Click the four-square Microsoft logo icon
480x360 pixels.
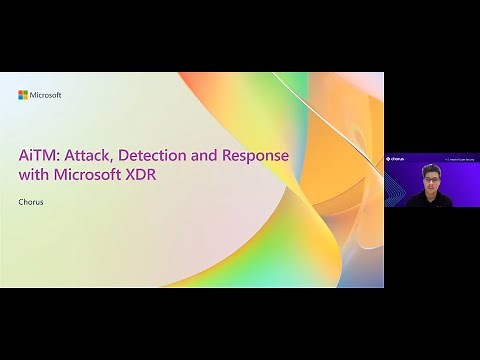[23, 95]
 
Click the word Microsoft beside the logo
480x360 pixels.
[46, 95]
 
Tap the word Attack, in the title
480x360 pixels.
[92, 157]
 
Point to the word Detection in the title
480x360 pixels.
[163, 157]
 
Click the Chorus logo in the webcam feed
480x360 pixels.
[397, 158]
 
